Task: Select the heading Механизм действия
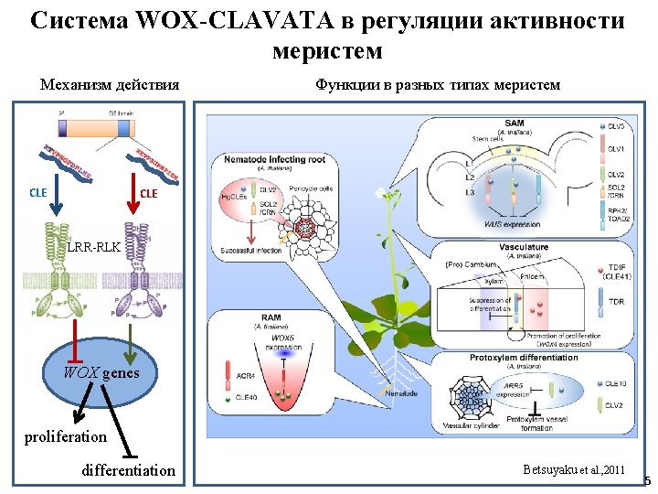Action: tap(110, 85)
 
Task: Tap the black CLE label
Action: tap(38, 193)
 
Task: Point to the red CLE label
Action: tap(148, 193)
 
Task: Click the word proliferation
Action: tap(65, 436)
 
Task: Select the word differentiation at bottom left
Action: tap(128, 470)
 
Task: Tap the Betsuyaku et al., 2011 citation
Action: tap(574, 469)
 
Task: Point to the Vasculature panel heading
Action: tap(524, 247)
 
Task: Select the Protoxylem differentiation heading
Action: tap(524, 358)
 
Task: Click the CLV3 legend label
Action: tap(617, 125)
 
